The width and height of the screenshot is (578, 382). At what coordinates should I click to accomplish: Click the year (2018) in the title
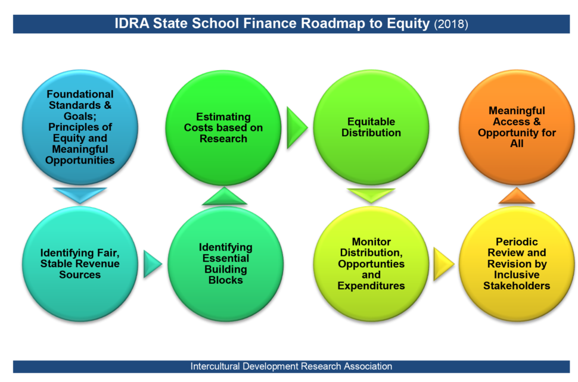(x=451, y=24)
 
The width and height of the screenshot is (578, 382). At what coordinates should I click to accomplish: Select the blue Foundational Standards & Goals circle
(x=80, y=127)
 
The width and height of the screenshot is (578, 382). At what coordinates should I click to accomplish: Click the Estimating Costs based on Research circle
(x=223, y=128)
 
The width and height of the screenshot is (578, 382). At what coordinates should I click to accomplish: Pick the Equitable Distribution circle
(x=371, y=127)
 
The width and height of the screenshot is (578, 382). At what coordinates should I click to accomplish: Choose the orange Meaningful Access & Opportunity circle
(x=517, y=127)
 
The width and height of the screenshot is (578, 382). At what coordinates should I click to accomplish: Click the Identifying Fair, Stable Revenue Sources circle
(x=80, y=264)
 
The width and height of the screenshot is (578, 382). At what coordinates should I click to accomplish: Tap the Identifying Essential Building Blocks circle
(x=226, y=264)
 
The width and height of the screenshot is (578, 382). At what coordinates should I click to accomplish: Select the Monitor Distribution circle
(x=371, y=264)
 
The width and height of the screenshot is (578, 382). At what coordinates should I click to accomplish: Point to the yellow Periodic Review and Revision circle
(x=517, y=264)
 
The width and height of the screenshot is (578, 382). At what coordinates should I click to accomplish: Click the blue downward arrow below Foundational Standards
(x=80, y=195)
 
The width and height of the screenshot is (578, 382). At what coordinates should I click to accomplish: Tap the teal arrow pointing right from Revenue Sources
(x=152, y=264)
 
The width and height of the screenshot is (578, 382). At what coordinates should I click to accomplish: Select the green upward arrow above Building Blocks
(x=225, y=196)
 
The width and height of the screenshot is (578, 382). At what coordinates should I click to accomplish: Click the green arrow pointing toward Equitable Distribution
(x=296, y=127)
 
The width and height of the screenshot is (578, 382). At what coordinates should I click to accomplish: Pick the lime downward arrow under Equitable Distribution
(x=371, y=195)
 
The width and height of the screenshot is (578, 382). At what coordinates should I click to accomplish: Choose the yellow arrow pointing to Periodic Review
(x=443, y=264)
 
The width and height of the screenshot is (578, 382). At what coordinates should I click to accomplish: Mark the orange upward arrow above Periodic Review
(x=517, y=196)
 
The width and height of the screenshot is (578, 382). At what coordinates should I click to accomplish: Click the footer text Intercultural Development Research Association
(x=291, y=367)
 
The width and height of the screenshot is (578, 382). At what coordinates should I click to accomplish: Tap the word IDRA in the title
(x=132, y=24)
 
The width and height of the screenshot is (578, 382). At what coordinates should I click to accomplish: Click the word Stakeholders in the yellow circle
(x=517, y=286)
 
